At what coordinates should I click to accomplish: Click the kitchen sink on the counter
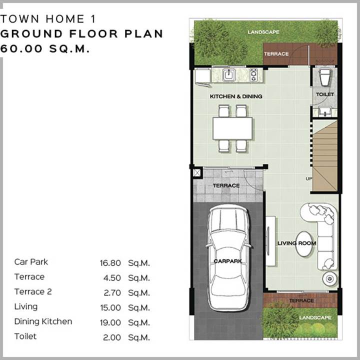(x=229, y=74)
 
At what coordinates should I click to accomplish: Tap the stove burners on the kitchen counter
(x=253, y=74)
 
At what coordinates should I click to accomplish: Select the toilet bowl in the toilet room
(x=325, y=77)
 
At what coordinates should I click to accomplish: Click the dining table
(x=232, y=128)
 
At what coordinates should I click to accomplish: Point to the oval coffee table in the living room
(x=303, y=243)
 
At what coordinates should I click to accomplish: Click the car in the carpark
(x=228, y=257)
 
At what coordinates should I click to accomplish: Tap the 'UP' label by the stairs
(x=309, y=178)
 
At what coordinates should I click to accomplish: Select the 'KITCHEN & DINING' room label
(x=236, y=96)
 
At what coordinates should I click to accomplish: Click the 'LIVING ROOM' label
(x=296, y=243)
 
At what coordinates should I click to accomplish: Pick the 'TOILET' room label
(x=325, y=94)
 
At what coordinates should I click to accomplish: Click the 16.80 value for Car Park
(x=110, y=263)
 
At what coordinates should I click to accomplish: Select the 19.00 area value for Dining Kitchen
(x=110, y=322)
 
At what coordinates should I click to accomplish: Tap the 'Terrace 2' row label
(x=33, y=292)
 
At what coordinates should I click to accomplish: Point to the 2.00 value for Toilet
(x=112, y=337)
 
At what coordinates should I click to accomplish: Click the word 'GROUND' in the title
(x=31, y=34)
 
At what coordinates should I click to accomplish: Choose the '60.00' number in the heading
(x=21, y=48)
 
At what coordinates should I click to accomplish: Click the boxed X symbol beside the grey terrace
(x=197, y=173)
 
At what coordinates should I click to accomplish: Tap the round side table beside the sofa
(x=330, y=279)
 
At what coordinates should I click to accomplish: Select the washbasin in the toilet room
(x=325, y=112)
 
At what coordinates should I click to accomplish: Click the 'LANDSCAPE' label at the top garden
(x=263, y=32)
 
